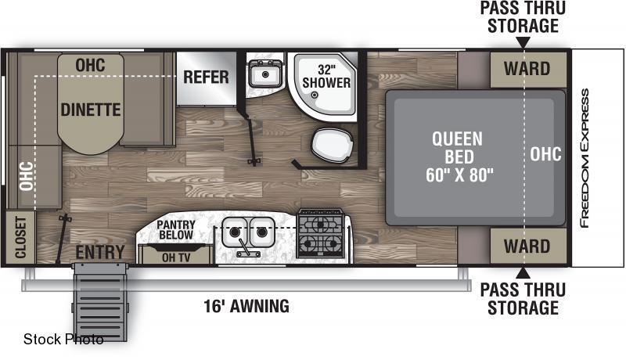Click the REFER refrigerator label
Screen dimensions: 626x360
(206, 77)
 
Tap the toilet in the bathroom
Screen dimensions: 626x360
(332, 146)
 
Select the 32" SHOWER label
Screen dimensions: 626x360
(326, 76)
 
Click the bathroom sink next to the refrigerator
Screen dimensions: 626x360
(264, 74)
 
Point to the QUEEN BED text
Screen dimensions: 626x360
(458, 148)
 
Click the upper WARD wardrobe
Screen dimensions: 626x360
(527, 70)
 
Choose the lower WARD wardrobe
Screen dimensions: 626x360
(527, 247)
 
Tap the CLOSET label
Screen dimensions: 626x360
(20, 237)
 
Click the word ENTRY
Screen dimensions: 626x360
(100, 252)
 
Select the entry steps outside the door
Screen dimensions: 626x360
(100, 302)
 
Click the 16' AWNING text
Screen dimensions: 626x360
(246, 307)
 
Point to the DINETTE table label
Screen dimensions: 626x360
(91, 110)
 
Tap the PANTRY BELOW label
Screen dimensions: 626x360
(176, 230)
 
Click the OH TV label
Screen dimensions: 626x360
(176, 257)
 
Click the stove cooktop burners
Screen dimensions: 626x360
(321, 233)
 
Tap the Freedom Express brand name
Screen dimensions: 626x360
(585, 158)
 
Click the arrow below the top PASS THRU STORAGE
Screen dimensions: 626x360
(523, 42)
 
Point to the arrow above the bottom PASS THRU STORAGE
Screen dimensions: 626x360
(523, 273)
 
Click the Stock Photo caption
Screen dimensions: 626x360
(63, 339)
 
